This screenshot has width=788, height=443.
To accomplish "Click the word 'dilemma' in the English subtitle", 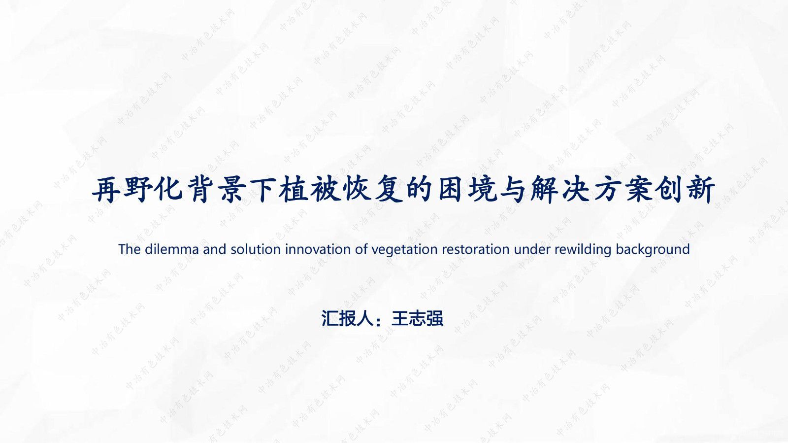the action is point(171,249).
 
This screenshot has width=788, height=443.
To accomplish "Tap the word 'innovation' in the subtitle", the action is point(318,249).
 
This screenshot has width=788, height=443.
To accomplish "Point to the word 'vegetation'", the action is point(404,250).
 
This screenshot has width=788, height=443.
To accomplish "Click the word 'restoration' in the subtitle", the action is point(476,249).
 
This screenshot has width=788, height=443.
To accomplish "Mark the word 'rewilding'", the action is point(583,250).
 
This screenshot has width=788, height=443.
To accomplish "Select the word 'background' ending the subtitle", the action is point(653,250).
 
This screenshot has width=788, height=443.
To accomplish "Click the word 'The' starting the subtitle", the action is point(130,249).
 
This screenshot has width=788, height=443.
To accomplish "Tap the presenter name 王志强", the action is point(417,318).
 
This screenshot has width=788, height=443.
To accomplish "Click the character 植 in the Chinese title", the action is point(293,190).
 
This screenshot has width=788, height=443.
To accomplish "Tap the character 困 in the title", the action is point(450,190).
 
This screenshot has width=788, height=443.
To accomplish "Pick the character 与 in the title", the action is point(512,190).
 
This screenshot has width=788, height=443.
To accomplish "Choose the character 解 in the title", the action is point(544,190).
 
